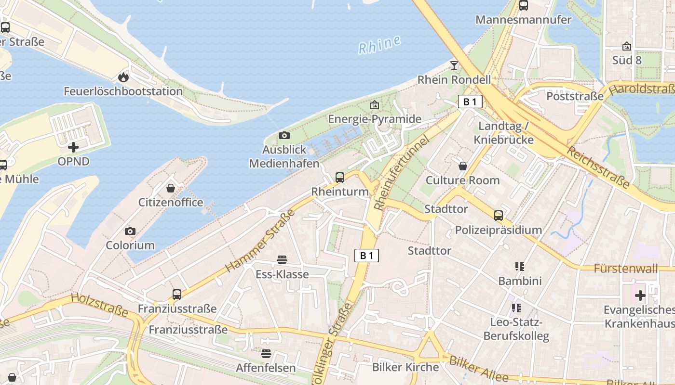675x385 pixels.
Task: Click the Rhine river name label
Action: (379, 44)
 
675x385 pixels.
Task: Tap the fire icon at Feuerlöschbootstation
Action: (123, 77)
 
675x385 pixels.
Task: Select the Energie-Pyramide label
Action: (375, 119)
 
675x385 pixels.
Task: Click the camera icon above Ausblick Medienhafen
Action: (284, 136)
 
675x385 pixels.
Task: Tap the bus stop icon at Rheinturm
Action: (340, 177)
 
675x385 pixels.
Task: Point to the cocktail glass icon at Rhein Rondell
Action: (454, 65)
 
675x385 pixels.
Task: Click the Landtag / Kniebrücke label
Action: (503, 133)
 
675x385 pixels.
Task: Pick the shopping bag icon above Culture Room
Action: (463, 166)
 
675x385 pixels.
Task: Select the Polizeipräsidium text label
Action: (499, 230)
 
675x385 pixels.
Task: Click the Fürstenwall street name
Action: (626, 268)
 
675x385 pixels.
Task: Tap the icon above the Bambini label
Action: (519, 266)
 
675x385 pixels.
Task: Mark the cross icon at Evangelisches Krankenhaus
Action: (640, 295)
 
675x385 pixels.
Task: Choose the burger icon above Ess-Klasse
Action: (282, 260)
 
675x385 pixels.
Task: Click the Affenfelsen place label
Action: (266, 368)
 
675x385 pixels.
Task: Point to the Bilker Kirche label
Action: (405, 367)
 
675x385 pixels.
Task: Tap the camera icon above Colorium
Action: (130, 231)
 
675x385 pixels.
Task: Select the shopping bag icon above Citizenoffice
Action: (171, 188)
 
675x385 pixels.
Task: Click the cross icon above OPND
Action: (73, 147)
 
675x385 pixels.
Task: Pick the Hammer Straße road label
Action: (259, 240)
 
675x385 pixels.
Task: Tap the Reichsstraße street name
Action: (598, 167)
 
